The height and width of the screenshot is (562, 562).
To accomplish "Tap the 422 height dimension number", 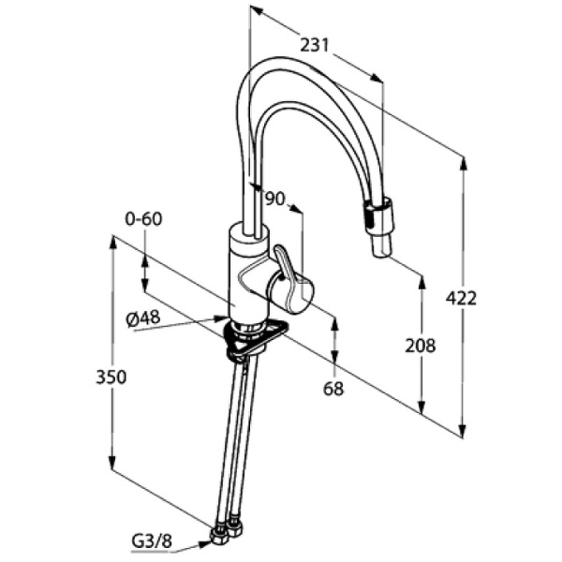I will click(x=461, y=298).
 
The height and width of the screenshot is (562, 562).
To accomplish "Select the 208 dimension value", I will click(x=421, y=346).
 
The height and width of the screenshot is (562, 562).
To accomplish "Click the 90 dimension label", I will click(x=274, y=198).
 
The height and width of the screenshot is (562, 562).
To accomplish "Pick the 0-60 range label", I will click(x=143, y=219).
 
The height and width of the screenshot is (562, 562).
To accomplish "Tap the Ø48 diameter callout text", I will click(x=143, y=318).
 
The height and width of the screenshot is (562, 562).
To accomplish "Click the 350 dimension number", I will click(x=111, y=377).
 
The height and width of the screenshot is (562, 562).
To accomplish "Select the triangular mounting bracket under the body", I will click(x=259, y=338).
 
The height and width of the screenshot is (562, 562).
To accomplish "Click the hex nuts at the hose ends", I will click(x=226, y=531).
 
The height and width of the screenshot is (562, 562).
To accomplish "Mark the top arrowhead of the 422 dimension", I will click(x=464, y=161).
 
